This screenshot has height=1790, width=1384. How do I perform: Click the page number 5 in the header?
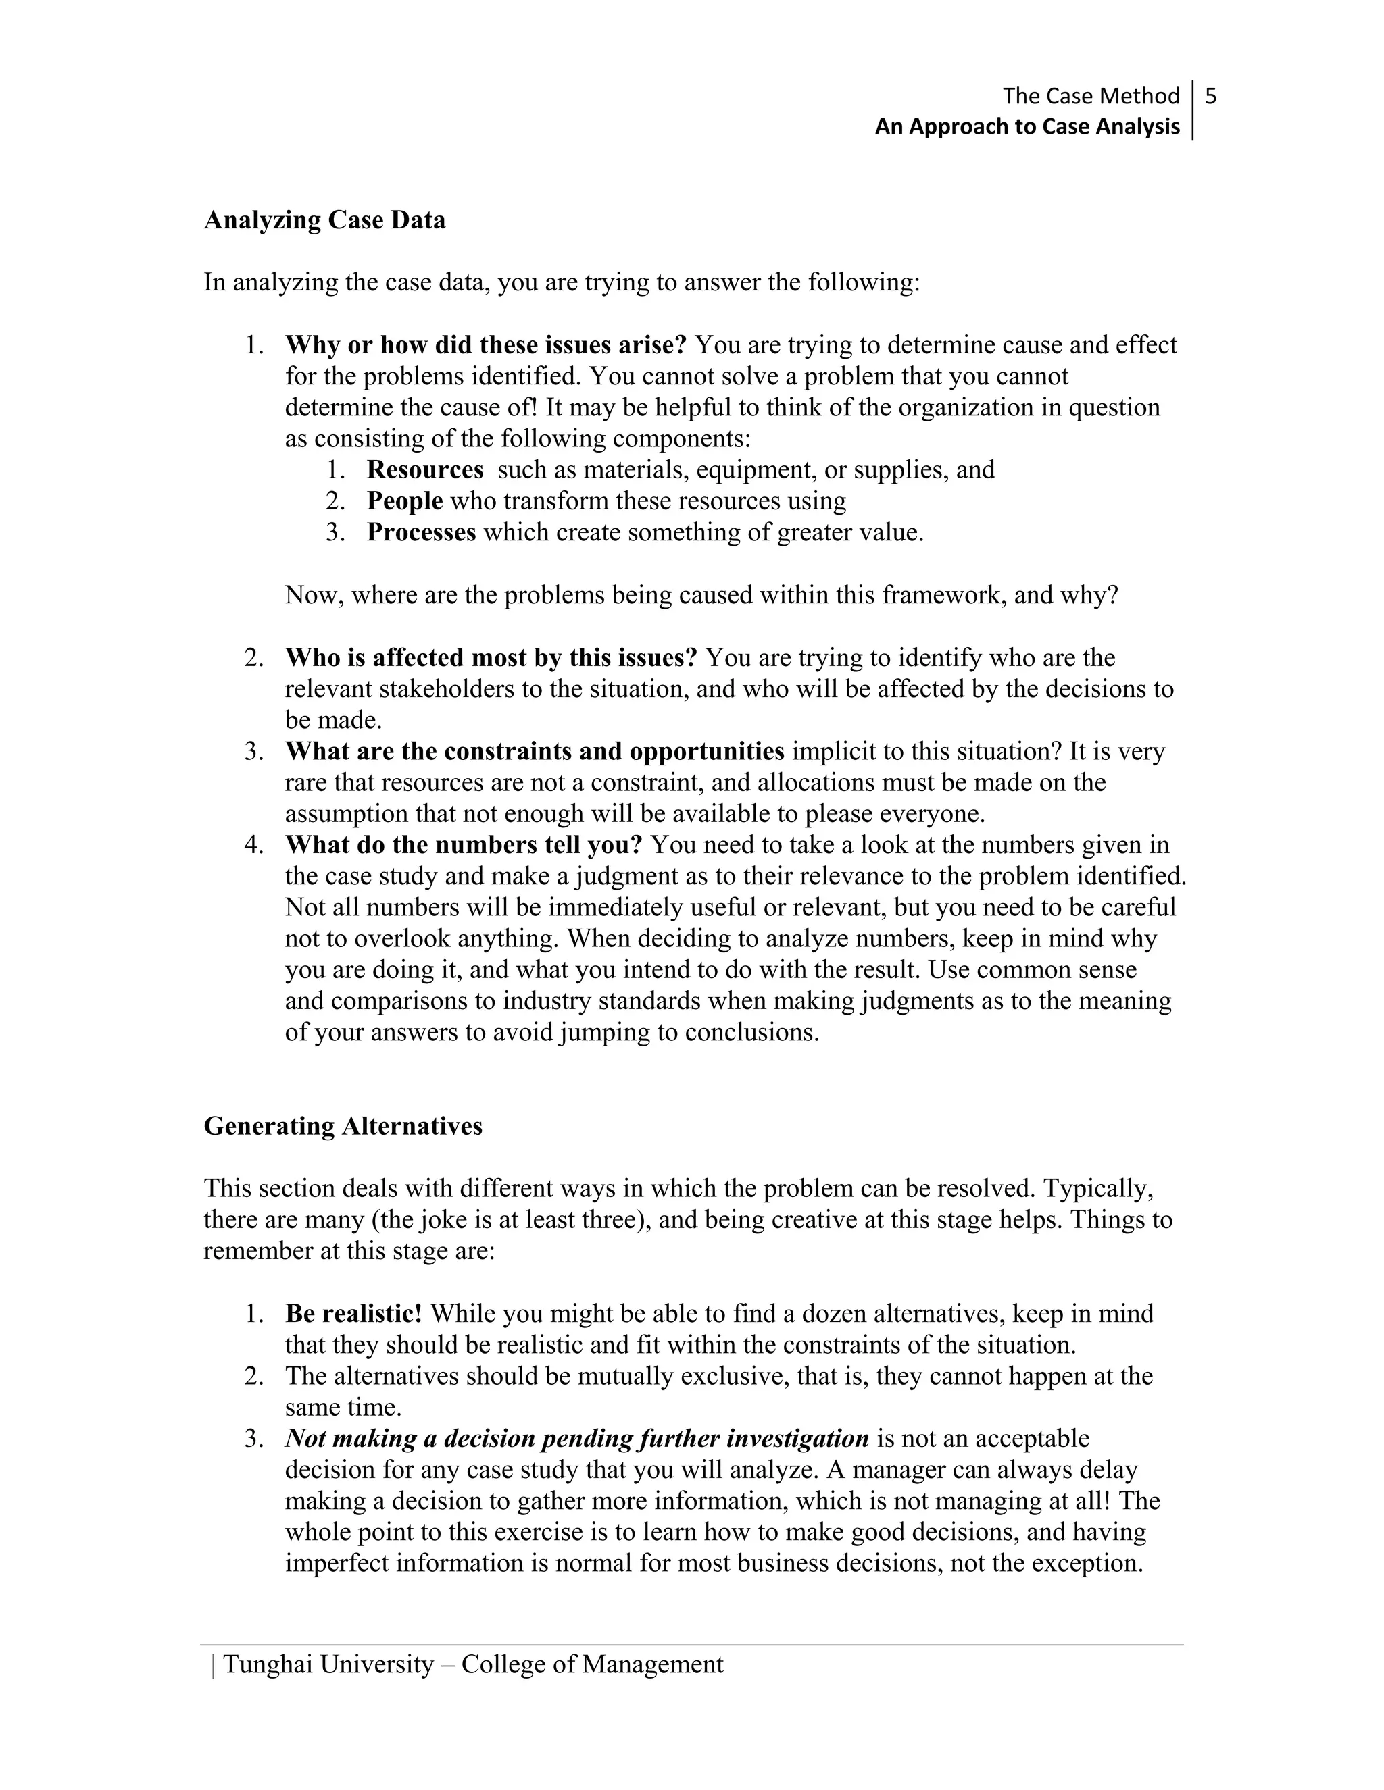click(x=1211, y=97)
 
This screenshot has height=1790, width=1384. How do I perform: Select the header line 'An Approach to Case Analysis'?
click(x=1027, y=127)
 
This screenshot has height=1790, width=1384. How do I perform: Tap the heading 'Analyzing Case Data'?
click(x=324, y=220)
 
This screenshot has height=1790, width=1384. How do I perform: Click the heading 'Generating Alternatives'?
click(x=343, y=1126)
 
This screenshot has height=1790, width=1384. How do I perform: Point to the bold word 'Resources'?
click(x=424, y=469)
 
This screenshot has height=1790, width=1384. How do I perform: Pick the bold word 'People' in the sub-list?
click(x=404, y=501)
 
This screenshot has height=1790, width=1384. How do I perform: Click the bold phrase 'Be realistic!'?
click(x=353, y=1314)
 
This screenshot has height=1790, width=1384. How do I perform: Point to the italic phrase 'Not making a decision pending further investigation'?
click(x=576, y=1438)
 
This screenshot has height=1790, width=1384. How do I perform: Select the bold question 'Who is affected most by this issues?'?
click(x=491, y=657)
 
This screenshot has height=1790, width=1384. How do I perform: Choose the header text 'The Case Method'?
click(x=1091, y=97)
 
